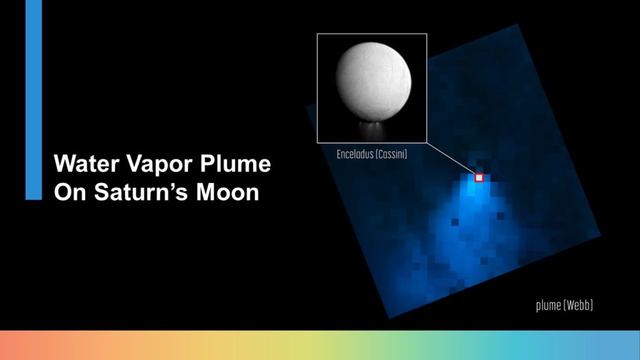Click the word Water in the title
[86, 164]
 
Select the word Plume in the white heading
[236, 164]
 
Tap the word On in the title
[71, 192]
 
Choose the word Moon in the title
[227, 192]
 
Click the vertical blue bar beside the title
[34, 100]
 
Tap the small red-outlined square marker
[479, 177]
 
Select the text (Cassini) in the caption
[391, 154]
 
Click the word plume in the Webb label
[548, 305]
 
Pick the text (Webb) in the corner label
[577, 305]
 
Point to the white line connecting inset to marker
[451, 158]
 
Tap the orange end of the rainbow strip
[24, 345]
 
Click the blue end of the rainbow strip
[616, 345]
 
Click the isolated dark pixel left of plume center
[455, 222]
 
